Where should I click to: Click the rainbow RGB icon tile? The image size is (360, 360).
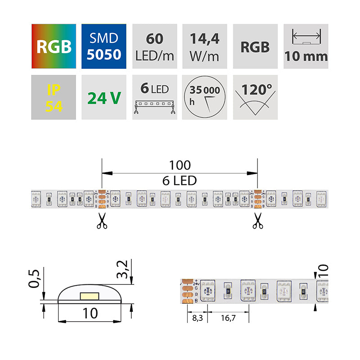(x=54, y=46)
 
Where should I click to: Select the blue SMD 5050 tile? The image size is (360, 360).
(x=104, y=46)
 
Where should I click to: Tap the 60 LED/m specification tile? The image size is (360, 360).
(x=155, y=46)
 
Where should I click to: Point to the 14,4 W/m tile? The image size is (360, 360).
(x=205, y=46)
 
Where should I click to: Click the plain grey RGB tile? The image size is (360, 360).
(x=255, y=46)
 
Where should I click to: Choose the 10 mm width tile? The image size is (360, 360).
(x=306, y=46)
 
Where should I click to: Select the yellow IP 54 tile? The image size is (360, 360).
(x=54, y=97)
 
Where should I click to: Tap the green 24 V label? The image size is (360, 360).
(x=104, y=97)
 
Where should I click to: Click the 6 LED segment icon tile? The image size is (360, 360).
(x=155, y=97)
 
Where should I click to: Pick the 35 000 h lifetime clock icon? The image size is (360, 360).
(x=205, y=97)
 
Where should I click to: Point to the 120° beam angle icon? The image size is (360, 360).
(x=255, y=97)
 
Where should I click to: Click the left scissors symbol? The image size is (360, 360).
(x=102, y=221)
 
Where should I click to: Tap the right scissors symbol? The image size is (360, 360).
(x=257, y=221)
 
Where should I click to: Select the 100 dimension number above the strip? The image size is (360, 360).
(x=180, y=166)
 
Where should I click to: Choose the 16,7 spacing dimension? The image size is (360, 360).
(x=228, y=318)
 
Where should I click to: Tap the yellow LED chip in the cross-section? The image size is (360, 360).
(x=90, y=296)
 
